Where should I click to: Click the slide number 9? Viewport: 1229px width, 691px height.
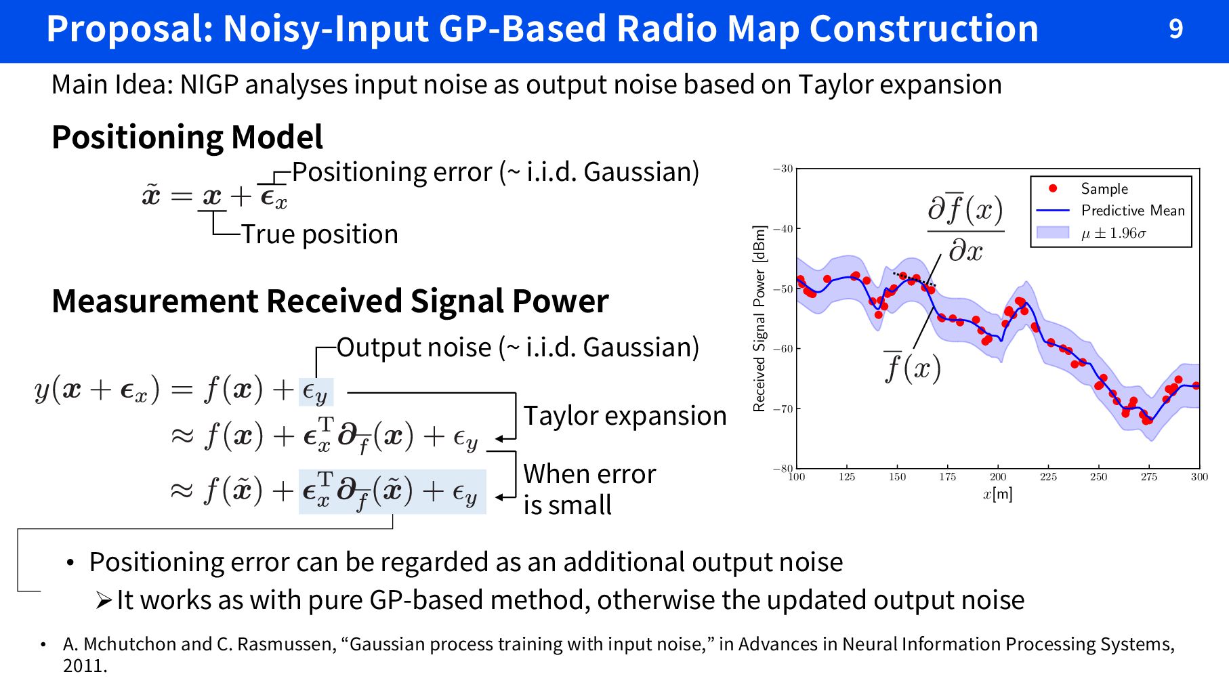click(1175, 29)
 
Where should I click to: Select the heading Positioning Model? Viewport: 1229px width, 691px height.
click(187, 137)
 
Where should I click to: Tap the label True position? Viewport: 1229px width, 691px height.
click(320, 234)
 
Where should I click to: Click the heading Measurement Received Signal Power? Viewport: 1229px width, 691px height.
click(330, 301)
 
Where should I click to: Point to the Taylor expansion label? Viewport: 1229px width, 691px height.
click(625, 416)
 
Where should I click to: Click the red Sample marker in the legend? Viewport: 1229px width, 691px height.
click(1053, 188)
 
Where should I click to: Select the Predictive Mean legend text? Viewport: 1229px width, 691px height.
click(1133, 211)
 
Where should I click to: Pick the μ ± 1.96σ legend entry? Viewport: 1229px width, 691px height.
click(1113, 233)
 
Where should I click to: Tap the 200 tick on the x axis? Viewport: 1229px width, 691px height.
click(998, 477)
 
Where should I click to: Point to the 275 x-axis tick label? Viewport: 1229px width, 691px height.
click(1148, 477)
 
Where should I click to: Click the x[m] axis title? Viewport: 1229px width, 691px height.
click(998, 494)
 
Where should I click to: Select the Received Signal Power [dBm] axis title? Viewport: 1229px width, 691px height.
click(759, 318)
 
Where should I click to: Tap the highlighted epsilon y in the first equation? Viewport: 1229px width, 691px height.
click(315, 392)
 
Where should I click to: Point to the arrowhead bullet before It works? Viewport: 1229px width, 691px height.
click(103, 600)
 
